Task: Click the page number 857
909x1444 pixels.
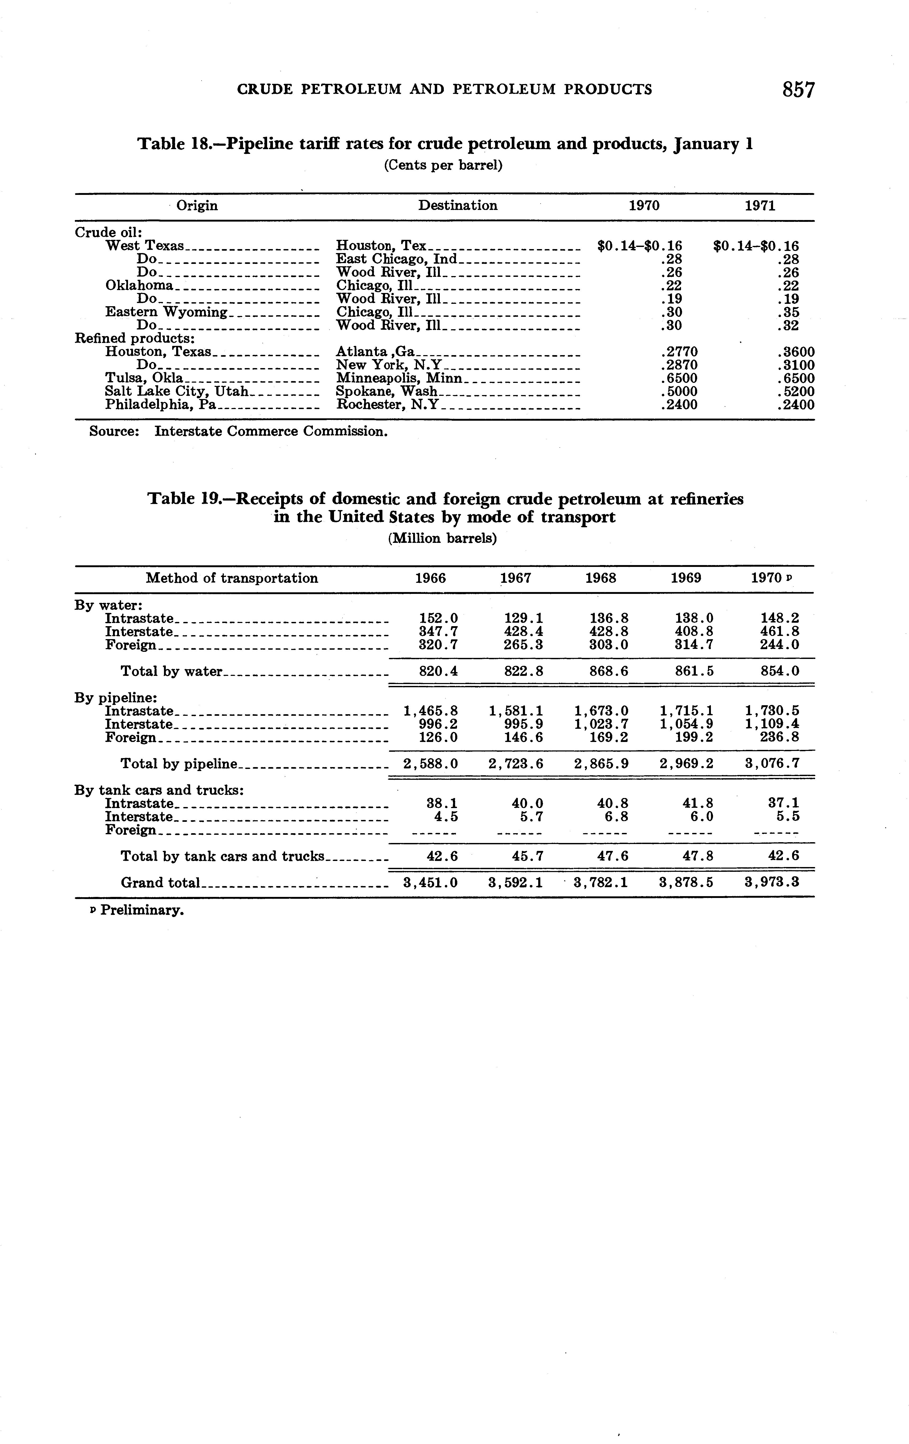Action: (798, 90)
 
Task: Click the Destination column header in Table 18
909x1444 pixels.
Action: (458, 206)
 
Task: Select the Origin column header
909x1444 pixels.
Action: (197, 206)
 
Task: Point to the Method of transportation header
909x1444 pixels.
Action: (232, 578)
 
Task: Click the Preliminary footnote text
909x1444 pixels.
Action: (141, 910)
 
